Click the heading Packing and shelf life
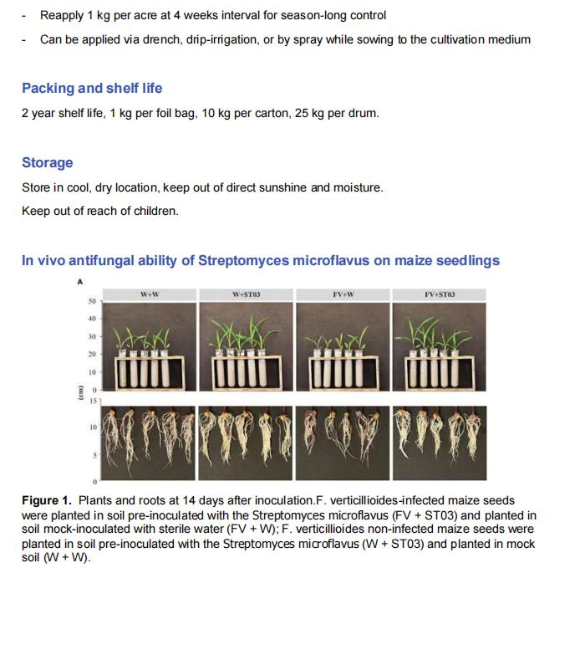pyautogui.click(x=92, y=88)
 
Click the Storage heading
pyautogui.click(x=47, y=162)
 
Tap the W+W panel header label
pyautogui.click(x=150, y=294)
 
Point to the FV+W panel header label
pyautogui.click(x=343, y=294)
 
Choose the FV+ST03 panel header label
pyautogui.click(x=439, y=294)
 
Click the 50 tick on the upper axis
pyautogui.click(x=92, y=301)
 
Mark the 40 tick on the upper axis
pyautogui.click(x=92, y=319)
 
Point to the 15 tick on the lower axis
pyautogui.click(x=93, y=402)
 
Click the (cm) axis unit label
pyautogui.click(x=81, y=391)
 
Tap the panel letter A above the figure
pyautogui.click(x=80, y=281)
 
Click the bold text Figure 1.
pyautogui.click(x=47, y=500)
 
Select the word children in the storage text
pyautogui.click(x=155, y=211)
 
